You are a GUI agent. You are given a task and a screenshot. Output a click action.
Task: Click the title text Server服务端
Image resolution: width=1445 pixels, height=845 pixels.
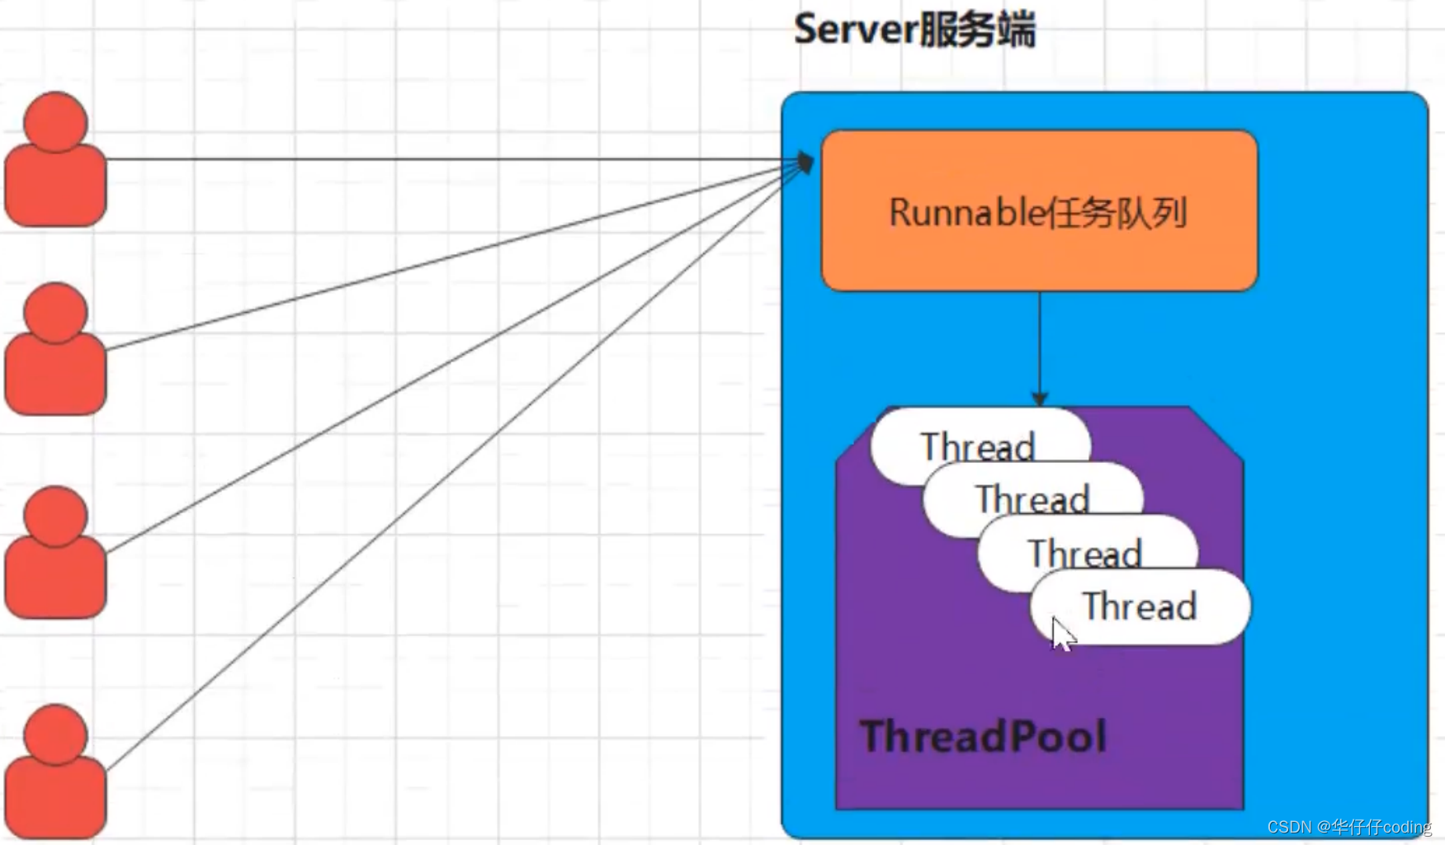point(914,30)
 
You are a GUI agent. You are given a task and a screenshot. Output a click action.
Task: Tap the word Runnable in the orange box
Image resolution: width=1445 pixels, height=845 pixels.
point(966,213)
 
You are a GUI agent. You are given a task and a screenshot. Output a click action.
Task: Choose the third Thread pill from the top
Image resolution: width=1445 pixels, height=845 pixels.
point(1084,551)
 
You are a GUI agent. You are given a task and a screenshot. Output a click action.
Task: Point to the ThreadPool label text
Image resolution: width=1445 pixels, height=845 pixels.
point(982,736)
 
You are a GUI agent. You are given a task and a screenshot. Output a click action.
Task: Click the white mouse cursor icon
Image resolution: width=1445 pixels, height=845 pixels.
point(1062,635)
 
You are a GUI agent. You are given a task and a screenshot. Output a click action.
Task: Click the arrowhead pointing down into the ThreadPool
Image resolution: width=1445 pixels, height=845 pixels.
point(1040,399)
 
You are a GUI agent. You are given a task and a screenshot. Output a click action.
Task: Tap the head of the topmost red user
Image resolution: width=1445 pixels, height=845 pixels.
point(55,122)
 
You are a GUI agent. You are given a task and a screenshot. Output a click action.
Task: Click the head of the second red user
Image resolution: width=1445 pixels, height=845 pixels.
point(55,313)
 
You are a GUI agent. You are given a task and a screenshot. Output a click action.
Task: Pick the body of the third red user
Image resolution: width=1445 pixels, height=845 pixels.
point(55,578)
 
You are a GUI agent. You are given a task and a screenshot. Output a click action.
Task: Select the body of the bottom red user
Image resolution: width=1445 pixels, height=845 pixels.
point(55,796)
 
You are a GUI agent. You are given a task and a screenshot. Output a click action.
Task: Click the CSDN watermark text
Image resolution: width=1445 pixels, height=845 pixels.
point(1348,827)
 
